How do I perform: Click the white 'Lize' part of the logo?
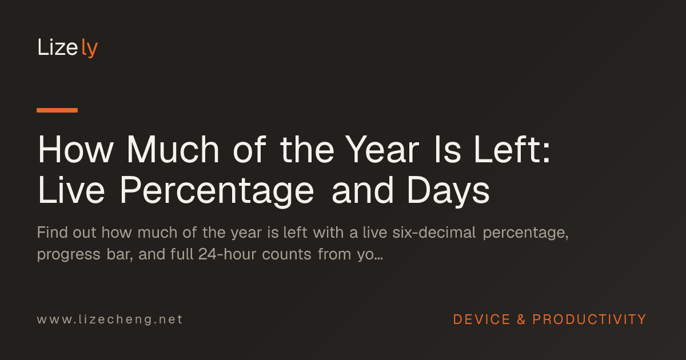58,47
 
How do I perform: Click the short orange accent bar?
57,110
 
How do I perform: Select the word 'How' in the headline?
75,150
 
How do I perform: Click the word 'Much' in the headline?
173,149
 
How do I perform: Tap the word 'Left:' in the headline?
512,149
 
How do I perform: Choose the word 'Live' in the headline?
71,190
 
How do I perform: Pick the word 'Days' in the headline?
448,191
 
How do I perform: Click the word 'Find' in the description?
53,233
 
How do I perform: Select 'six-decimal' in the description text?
434,233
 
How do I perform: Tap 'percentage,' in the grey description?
526,234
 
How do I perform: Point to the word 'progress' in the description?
69,255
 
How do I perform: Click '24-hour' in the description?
228,254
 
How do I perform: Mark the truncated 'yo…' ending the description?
370,255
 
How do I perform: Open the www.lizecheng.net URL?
110,319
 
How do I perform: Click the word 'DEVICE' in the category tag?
482,319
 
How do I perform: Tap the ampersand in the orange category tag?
521,319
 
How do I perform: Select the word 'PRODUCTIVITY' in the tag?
589,319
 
